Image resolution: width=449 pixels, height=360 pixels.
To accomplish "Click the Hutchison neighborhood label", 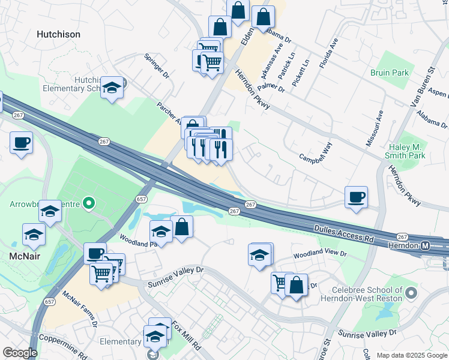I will point(58,34).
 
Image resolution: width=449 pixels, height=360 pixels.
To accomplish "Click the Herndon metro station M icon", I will point(425,246).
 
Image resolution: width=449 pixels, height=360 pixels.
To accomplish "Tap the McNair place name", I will point(25,256).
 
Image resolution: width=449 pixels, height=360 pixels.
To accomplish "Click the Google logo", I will point(20,353).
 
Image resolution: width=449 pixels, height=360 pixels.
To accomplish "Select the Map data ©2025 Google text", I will point(412,355).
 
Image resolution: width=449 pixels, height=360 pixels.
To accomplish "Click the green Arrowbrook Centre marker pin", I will point(89,204).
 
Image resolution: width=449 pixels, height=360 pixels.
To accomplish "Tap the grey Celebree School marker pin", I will point(411,293).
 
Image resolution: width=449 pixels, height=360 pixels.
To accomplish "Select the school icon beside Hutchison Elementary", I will point(112,87).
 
